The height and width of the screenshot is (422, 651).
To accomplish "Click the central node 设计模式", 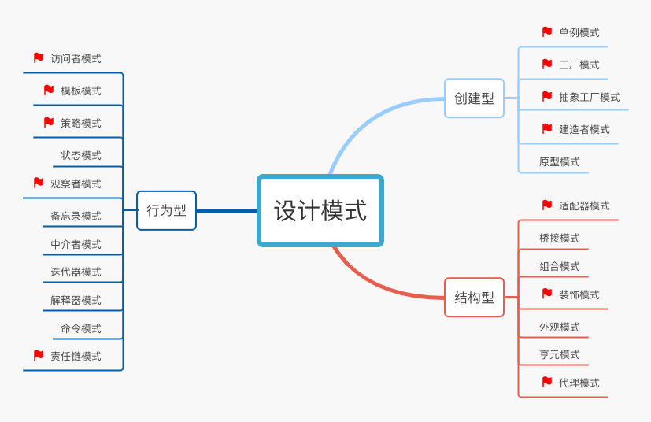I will tap(320, 210).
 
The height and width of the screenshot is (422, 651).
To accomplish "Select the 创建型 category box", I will tap(474, 98).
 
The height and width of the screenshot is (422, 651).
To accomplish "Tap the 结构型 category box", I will tap(474, 298).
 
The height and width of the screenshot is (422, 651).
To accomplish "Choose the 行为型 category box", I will tap(166, 210).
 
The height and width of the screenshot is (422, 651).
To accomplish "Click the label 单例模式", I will tap(579, 32).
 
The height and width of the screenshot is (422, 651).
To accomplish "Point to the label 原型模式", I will tap(559, 161).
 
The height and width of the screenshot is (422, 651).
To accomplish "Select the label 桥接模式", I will tap(559, 238).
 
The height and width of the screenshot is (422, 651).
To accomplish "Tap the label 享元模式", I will tap(559, 354).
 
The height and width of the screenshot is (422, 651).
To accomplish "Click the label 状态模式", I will tap(81, 155).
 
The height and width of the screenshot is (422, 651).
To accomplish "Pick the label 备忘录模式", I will tap(76, 216).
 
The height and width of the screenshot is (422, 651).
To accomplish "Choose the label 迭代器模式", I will tap(76, 272).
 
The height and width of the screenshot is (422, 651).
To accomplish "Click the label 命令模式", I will tap(81, 328).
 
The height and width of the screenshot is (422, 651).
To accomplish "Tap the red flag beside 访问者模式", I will tap(39, 57).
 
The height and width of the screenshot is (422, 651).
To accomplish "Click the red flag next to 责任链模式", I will tap(39, 355).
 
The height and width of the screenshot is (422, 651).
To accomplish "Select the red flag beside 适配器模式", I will tap(547, 205).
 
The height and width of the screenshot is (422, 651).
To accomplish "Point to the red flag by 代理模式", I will tap(547, 382).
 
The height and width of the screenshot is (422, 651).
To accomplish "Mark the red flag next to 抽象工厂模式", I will tap(547, 96).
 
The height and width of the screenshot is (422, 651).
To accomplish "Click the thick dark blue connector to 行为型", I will tap(227, 211).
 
